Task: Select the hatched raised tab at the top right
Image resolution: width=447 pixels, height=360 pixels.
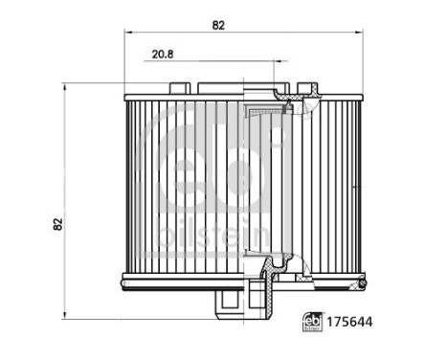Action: [311, 91]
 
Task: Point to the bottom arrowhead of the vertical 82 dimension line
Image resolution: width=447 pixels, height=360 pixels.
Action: [64, 315]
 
